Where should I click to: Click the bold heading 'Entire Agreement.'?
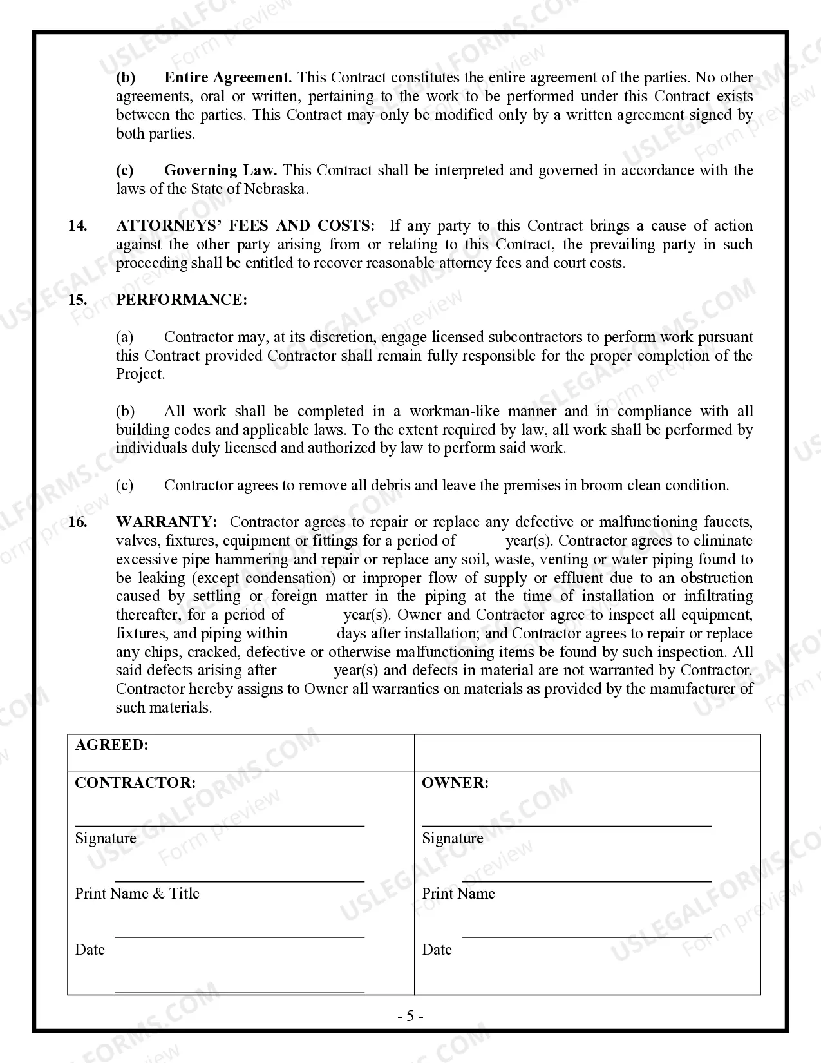tap(228, 78)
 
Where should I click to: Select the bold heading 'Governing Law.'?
tap(220, 171)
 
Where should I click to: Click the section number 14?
tap(77, 226)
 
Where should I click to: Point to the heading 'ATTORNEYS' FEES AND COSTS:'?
tap(245, 226)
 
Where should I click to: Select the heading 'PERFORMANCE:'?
tap(181, 300)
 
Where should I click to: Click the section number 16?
tap(77, 522)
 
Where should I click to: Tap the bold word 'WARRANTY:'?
tap(166, 522)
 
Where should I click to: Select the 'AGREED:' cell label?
tap(111, 745)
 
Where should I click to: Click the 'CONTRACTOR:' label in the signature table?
tap(135, 783)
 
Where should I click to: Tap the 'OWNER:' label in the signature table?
tap(455, 783)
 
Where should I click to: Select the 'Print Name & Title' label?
tap(137, 894)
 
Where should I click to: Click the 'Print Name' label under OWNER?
tap(458, 894)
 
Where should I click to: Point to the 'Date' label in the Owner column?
tap(437, 950)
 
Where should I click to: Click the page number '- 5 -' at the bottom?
tap(410, 1017)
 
